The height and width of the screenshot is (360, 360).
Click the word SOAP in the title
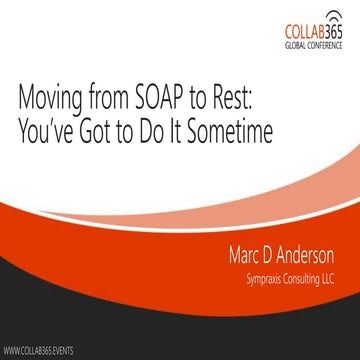(178, 100)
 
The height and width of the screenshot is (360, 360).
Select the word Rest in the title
(258, 100)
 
